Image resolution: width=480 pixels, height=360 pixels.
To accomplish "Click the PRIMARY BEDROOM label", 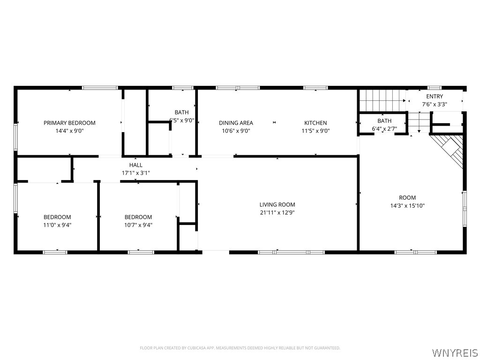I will (69, 123).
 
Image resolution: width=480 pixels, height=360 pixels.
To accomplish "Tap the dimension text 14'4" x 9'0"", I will (69, 131).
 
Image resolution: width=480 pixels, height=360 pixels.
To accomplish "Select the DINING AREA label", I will (236, 123).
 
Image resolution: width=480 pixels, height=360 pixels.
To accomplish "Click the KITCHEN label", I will (315, 123).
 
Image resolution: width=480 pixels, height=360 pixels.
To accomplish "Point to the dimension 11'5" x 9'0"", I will (315, 131).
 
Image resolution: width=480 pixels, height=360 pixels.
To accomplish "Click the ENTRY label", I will (434, 97).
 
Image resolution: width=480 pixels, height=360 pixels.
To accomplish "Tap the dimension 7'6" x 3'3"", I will (434, 105).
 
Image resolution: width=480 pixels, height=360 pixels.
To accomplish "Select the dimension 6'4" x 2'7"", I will (384, 128).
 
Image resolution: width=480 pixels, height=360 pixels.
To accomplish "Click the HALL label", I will (136, 165).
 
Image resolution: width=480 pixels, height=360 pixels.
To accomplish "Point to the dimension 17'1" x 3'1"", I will (136, 173).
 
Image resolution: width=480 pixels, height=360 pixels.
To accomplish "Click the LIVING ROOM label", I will (277, 204).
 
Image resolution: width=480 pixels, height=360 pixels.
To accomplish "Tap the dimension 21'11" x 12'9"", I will (277, 212).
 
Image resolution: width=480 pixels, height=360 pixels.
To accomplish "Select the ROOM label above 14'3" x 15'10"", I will (407, 197).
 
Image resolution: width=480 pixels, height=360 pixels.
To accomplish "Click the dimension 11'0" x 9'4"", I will (57, 225).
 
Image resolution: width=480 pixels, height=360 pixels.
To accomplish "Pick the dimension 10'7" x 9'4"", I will (138, 225).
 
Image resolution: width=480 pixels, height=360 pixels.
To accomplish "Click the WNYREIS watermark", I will (454, 352).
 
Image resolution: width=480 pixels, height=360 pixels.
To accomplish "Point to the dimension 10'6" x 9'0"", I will (236, 131).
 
